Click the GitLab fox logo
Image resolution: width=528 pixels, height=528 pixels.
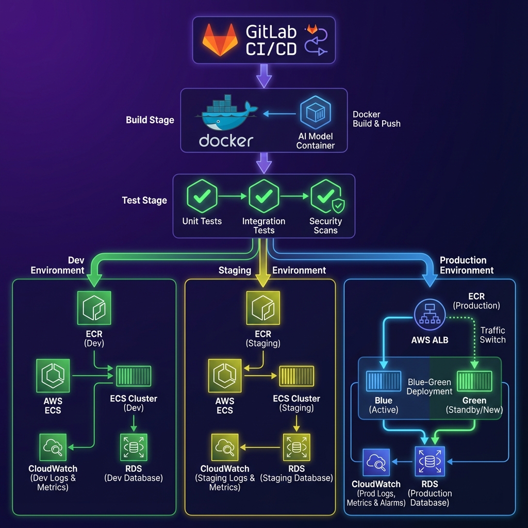[220, 40]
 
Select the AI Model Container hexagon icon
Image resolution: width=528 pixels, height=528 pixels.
[316, 114]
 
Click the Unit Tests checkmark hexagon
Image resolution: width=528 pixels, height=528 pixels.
[202, 197]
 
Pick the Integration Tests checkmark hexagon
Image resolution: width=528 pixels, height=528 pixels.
[263, 197]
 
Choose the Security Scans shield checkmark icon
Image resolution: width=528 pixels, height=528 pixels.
[326, 197]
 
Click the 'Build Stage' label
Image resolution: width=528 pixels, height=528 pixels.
[150, 120]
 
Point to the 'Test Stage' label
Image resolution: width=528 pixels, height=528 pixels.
[144, 201]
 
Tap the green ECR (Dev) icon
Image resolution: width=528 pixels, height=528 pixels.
[94, 308]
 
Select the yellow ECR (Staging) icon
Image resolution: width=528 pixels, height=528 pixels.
[263, 308]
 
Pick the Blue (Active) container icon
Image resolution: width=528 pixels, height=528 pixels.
[384, 381]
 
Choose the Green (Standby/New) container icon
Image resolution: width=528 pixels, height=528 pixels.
[474, 381]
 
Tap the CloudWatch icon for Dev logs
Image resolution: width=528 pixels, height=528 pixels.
[53, 447]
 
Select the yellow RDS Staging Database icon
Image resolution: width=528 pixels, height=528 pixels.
[296, 447]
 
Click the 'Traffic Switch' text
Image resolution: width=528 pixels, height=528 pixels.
[493, 335]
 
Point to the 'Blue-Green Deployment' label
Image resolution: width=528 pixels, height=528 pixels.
[429, 387]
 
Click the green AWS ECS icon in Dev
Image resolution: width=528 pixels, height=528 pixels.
[53, 376]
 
